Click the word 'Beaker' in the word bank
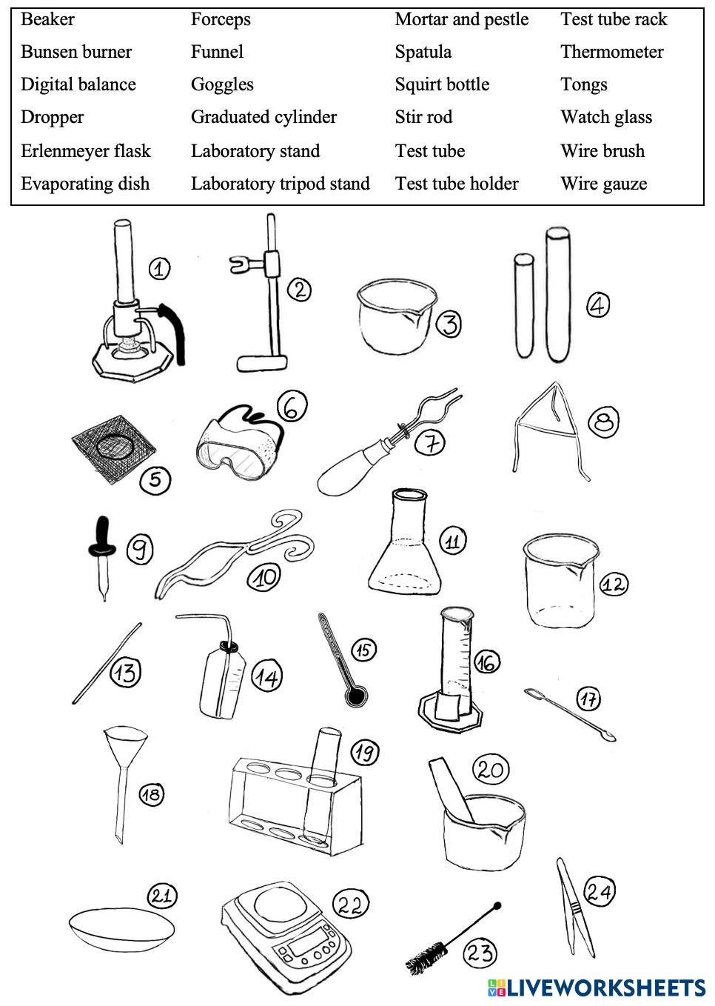pyautogui.click(x=47, y=19)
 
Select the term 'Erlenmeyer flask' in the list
pyautogui.click(x=85, y=151)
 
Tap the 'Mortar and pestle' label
pyautogui.click(x=461, y=19)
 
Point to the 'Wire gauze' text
pyautogui.click(x=603, y=184)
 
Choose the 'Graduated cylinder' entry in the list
pyautogui.click(x=263, y=117)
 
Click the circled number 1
pyautogui.click(x=159, y=268)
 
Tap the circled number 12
pyautogui.click(x=613, y=584)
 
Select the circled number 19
pyautogui.click(x=363, y=753)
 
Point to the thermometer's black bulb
pyautogui.click(x=357, y=696)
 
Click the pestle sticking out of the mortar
pyautogui.click(x=449, y=786)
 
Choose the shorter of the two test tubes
pyautogui.click(x=523, y=304)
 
